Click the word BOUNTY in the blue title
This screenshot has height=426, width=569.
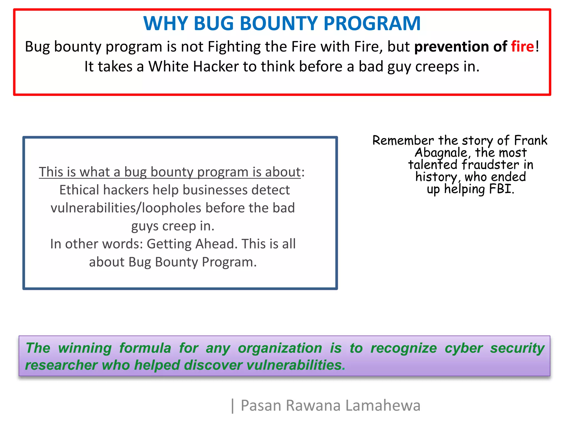279,23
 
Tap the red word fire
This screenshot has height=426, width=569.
522,47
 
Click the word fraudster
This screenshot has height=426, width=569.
490,165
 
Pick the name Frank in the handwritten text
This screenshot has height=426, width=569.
530,140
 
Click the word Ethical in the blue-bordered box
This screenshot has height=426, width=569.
79,190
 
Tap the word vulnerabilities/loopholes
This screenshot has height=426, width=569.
126,208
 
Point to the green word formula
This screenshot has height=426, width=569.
145,348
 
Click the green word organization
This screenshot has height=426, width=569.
280,348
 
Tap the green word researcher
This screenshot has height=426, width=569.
61,365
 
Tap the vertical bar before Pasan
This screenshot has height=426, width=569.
233,406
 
